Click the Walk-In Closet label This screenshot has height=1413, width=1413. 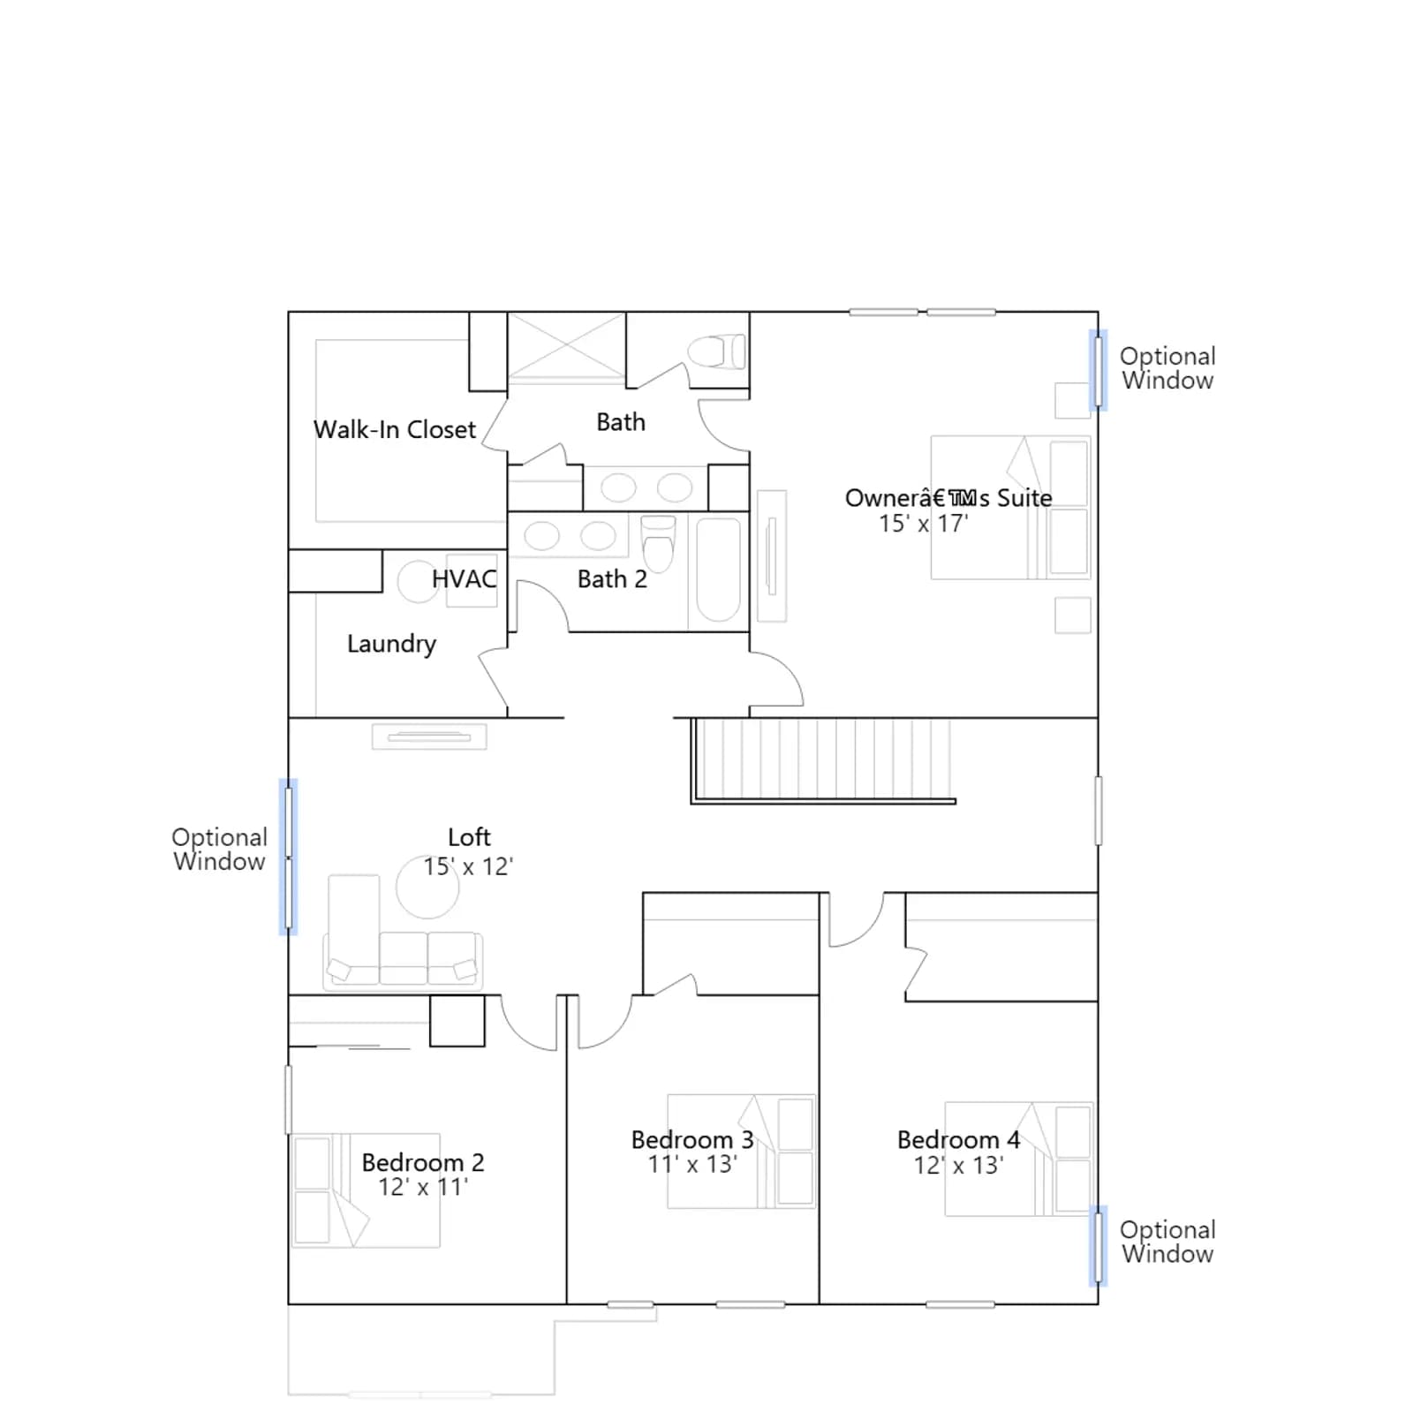(x=394, y=430)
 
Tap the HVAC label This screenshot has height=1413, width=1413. (x=464, y=579)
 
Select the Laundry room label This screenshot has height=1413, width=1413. (x=391, y=644)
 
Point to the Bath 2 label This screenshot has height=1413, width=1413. (x=612, y=579)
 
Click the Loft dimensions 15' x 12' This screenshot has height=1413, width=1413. (x=468, y=866)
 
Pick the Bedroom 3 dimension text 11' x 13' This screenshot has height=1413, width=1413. (x=692, y=1165)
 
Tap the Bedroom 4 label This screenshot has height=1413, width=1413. (x=958, y=1140)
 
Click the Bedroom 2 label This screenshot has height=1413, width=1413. (x=423, y=1162)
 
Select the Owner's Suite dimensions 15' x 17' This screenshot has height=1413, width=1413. (x=923, y=524)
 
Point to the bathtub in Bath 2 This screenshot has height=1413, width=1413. (x=718, y=570)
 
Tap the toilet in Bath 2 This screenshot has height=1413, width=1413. (x=658, y=543)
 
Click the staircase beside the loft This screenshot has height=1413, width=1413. (x=822, y=760)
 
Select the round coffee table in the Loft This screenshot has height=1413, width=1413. (x=427, y=887)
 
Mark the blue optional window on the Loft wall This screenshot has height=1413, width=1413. (x=288, y=857)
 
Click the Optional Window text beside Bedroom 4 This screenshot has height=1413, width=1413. (x=1167, y=1242)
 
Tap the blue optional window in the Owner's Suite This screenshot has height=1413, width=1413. (x=1098, y=370)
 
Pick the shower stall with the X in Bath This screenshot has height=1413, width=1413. (x=566, y=348)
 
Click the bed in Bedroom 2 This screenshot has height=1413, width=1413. (x=366, y=1190)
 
